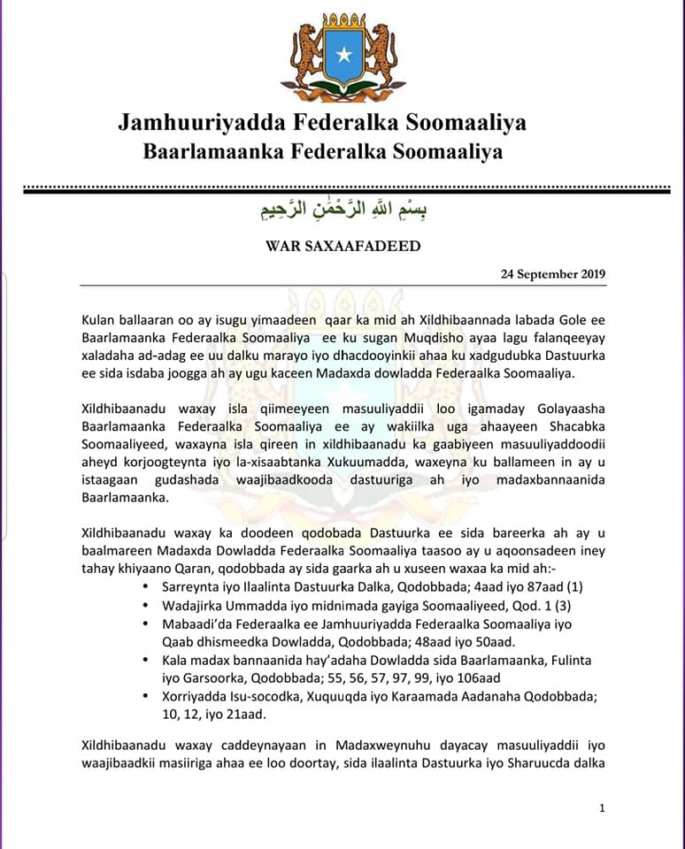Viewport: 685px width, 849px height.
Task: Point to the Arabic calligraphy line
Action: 342,212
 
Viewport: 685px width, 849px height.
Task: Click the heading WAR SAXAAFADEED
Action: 342,246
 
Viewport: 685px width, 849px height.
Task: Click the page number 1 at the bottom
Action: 602,807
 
